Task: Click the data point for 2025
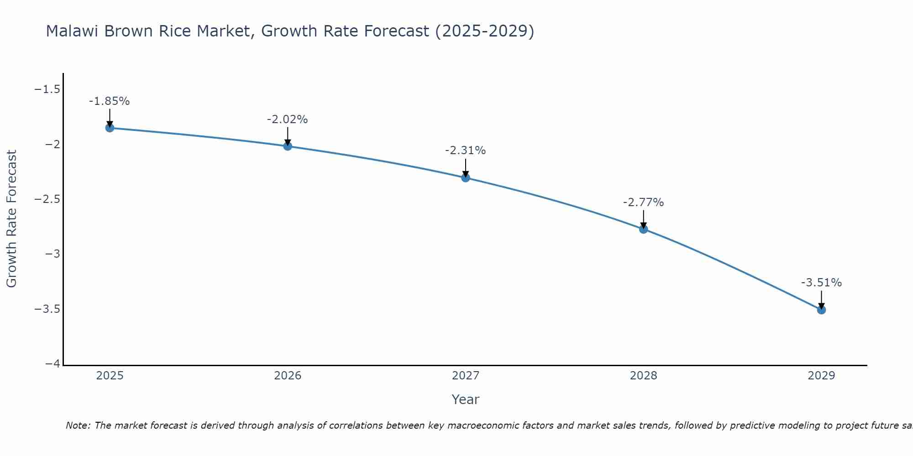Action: point(110,128)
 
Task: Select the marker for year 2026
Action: point(288,146)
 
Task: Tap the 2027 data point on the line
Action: point(466,177)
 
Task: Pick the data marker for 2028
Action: point(644,229)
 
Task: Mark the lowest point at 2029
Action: point(821,310)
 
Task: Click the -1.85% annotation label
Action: point(109,101)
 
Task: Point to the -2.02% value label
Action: point(287,119)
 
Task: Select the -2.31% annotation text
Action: point(465,150)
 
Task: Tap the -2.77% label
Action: point(643,202)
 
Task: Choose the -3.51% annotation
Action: point(821,283)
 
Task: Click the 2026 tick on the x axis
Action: point(288,376)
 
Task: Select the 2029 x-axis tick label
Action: point(821,376)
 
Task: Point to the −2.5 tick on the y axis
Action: point(47,199)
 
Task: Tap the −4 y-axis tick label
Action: point(53,364)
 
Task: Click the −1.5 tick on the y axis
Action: point(47,89)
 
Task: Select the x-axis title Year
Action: point(465,399)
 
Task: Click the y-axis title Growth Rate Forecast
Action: point(11,218)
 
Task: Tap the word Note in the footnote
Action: point(78,425)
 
